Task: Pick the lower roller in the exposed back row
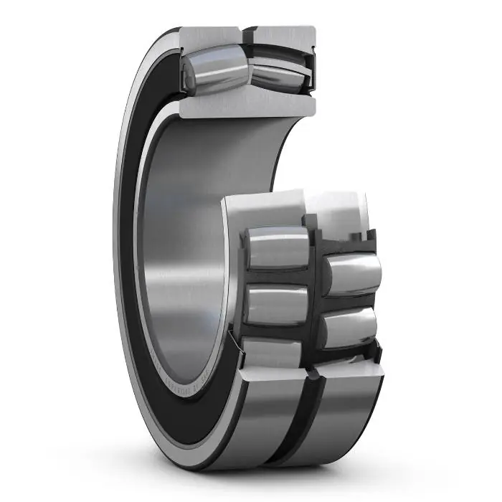click(350, 326)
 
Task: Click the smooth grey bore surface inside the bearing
click(186, 237)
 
